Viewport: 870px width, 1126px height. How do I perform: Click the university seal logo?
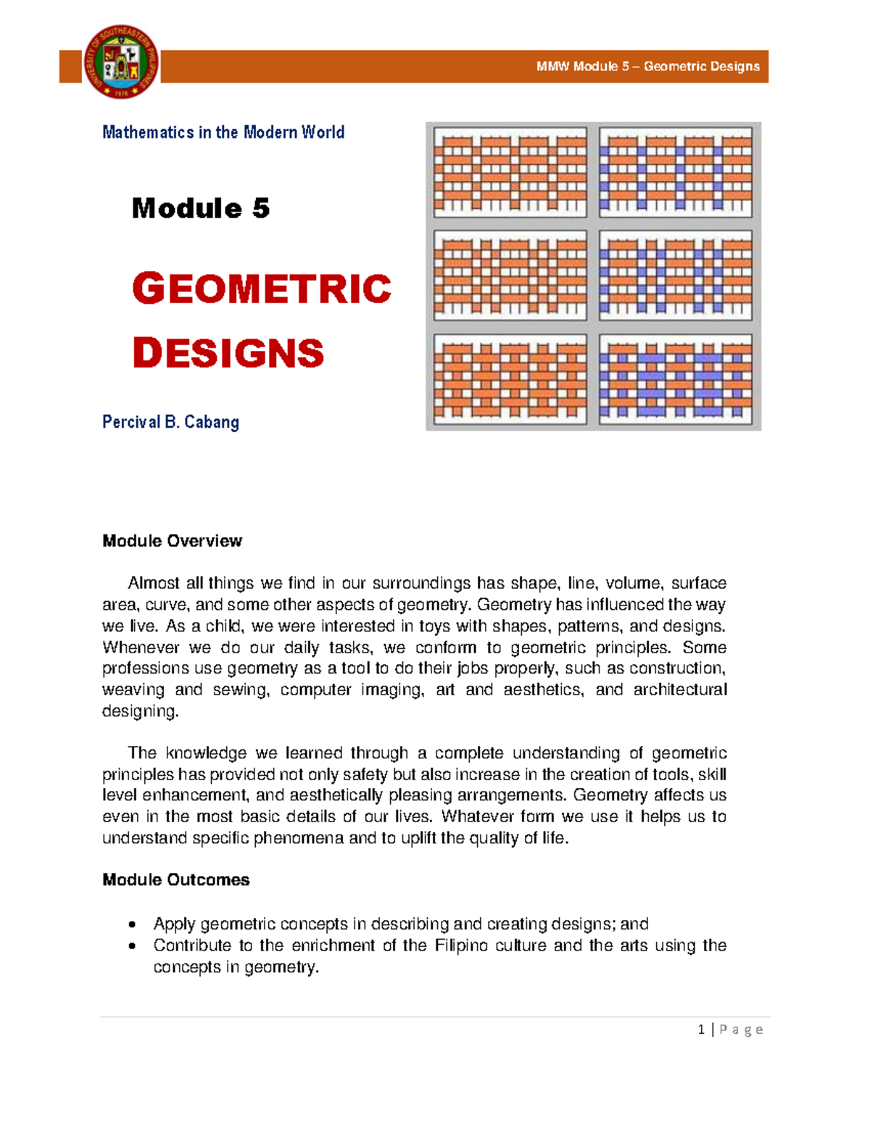(x=121, y=62)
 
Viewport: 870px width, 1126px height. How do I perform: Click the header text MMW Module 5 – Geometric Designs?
(x=647, y=67)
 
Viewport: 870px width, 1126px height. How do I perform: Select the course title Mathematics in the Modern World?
(x=223, y=132)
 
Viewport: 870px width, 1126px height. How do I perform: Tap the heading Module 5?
(x=201, y=209)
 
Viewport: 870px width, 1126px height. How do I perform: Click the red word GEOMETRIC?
(x=262, y=289)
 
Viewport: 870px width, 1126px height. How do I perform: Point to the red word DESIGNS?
(x=228, y=353)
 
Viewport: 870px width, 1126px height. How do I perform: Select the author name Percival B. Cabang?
(x=170, y=422)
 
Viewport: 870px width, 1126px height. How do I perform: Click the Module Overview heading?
(x=172, y=541)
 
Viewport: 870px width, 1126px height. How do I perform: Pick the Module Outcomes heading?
(x=175, y=879)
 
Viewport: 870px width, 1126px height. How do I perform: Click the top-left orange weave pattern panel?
(x=510, y=173)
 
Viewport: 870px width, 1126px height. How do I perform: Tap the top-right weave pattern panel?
(x=676, y=173)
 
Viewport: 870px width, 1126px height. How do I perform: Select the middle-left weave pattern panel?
(x=510, y=276)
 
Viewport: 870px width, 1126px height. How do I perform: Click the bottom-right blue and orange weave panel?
(x=676, y=379)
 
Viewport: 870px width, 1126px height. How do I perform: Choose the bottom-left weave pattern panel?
(x=510, y=379)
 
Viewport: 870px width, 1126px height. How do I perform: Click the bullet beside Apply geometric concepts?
(x=132, y=924)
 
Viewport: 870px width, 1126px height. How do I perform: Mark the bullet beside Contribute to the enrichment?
(x=132, y=946)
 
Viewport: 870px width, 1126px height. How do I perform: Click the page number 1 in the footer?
(x=701, y=1030)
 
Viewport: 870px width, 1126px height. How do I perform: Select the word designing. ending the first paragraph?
(x=140, y=711)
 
